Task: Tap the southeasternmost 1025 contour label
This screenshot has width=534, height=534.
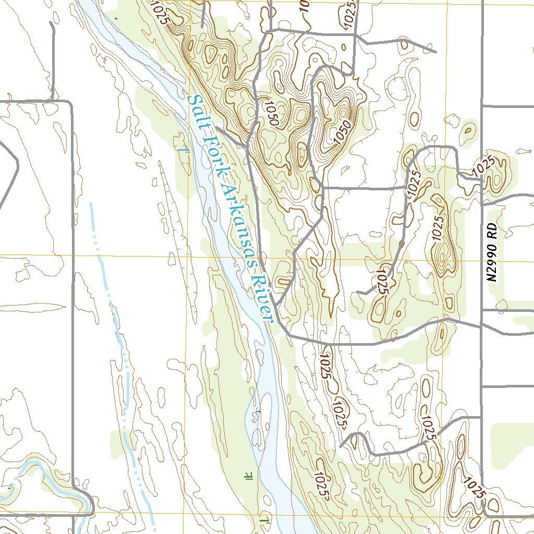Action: [474, 488]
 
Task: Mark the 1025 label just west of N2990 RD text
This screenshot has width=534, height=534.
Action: [437, 227]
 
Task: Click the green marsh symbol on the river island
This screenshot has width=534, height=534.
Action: [257, 415]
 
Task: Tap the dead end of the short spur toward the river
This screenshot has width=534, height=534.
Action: [217, 127]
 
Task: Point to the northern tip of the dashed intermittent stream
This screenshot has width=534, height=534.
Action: [91, 203]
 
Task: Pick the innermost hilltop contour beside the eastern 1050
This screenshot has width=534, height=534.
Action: [343, 112]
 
